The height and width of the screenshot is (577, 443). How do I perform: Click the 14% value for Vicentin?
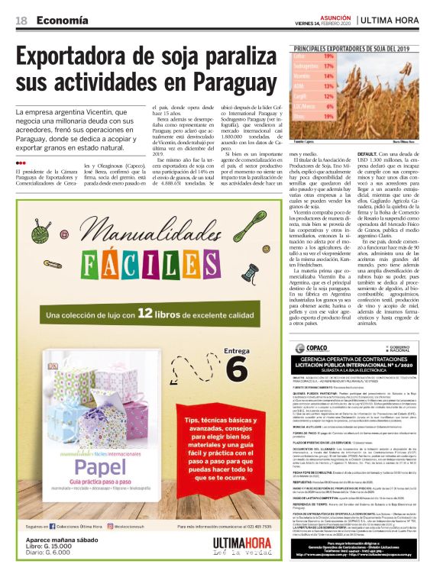pyautogui.click(x=328, y=76)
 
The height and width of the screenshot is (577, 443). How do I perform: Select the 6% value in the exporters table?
pyautogui.click(x=328, y=108)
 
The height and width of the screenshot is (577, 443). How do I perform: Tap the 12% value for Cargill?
pyautogui.click(x=328, y=98)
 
